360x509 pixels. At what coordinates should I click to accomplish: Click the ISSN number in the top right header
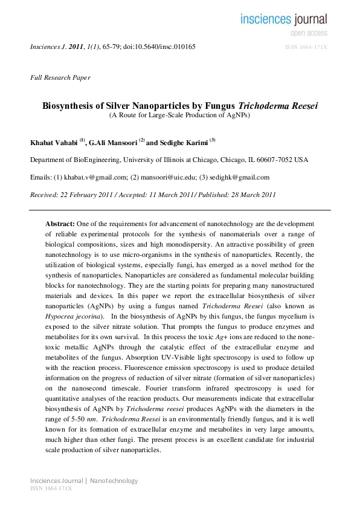pyautogui.click(x=306, y=47)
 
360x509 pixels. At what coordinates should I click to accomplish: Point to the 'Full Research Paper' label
pyautogui.click(x=60, y=77)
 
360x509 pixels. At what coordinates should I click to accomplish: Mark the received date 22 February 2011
pyautogui.click(x=88, y=195)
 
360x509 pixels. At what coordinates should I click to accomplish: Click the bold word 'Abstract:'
pyautogui.click(x=60, y=224)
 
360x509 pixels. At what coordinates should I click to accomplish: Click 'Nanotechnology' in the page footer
pyautogui.click(x=114, y=481)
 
